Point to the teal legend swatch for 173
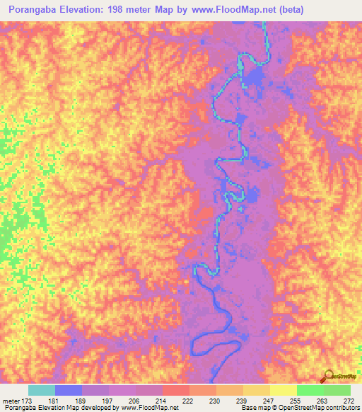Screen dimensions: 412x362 42,390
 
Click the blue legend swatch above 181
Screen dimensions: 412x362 69,390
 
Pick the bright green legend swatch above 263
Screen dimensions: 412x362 310,390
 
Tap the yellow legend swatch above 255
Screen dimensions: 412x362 283,390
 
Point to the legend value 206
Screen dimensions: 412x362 124,400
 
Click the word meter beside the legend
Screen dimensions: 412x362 11,400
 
